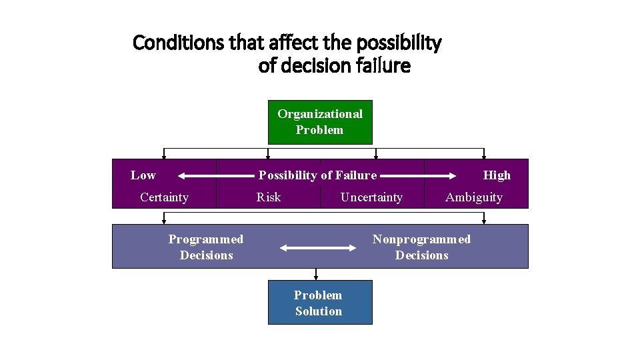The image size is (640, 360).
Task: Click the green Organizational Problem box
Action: [x=320, y=122]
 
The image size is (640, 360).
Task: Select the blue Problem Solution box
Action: [x=320, y=303]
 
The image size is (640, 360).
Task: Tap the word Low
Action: [x=143, y=175]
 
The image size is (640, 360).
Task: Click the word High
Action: [x=497, y=175]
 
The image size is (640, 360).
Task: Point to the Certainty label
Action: [x=164, y=197]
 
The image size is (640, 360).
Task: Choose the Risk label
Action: [x=269, y=197]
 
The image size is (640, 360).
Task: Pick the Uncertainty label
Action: [x=371, y=197]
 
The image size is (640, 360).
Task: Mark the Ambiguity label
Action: [x=474, y=197]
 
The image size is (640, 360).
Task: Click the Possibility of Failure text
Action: [x=317, y=175]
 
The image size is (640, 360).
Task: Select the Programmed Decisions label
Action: [x=206, y=247]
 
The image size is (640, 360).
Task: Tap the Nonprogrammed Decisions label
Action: [x=421, y=247]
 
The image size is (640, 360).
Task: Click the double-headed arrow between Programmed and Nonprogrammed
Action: [x=319, y=248]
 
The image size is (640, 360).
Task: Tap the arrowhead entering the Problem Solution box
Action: [x=316, y=277]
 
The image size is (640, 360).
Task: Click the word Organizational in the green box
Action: [x=320, y=114]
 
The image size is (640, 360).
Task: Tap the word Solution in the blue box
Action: [x=319, y=311]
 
